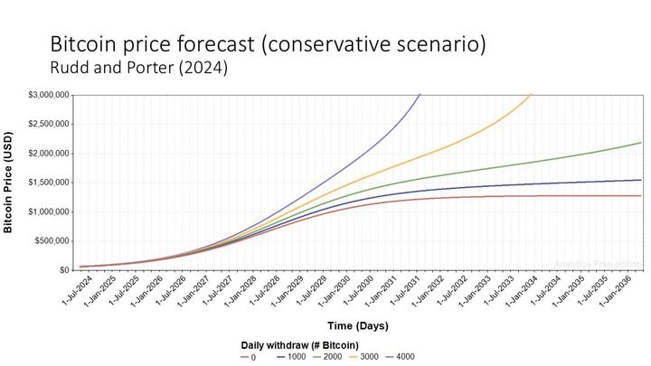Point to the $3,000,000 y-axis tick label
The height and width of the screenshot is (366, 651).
(x=47, y=94)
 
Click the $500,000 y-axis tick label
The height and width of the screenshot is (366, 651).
(x=51, y=241)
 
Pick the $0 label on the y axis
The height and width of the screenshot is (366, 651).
(x=63, y=270)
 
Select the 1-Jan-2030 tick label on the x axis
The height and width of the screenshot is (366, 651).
(x=334, y=291)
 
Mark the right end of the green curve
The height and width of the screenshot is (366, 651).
(x=642, y=143)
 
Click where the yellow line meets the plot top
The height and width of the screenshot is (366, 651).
(x=532, y=93)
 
